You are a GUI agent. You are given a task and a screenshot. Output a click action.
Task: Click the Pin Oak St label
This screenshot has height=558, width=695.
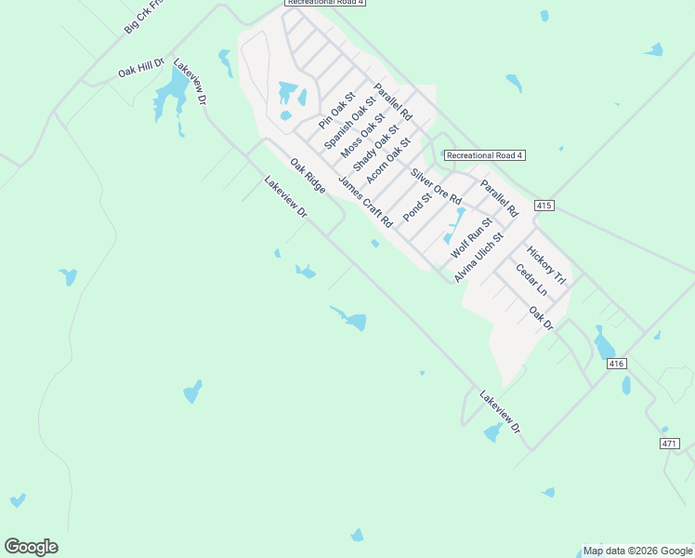337,111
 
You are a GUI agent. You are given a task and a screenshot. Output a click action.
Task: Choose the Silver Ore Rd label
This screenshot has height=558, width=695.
436,187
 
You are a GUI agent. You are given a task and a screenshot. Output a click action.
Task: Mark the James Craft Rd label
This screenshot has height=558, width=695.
366,202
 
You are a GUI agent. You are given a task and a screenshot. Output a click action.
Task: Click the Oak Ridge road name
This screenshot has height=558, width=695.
308,176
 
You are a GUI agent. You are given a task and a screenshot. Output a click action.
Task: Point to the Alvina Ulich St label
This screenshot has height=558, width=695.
479,258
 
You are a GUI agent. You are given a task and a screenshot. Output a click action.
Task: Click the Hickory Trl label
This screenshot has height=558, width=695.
545,265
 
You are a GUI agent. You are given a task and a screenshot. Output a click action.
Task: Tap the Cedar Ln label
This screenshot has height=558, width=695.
531,281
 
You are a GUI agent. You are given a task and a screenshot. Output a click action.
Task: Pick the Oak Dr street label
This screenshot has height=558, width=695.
541,318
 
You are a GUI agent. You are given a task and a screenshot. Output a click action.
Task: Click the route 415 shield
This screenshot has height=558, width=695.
544,205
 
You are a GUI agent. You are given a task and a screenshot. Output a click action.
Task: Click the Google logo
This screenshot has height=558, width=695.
31,547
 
